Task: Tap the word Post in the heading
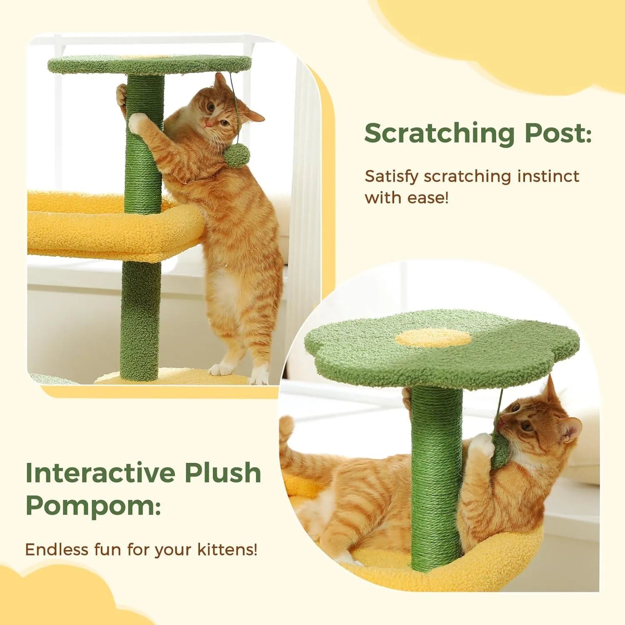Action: [556, 133]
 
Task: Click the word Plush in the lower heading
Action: [223, 473]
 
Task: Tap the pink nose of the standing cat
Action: [207, 124]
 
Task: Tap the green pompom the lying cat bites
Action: [500, 450]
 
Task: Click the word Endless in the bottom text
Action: [57, 550]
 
